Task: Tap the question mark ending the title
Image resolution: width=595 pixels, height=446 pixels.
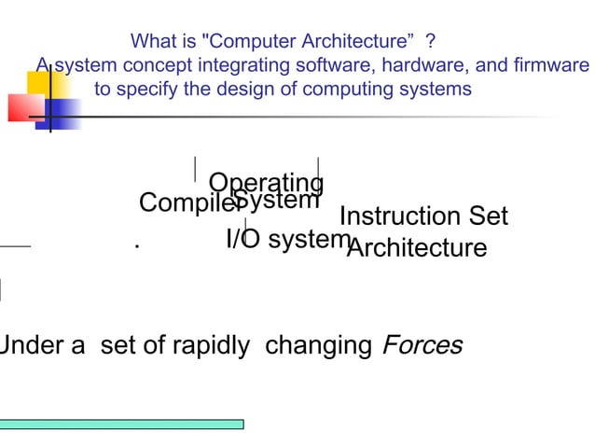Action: (x=429, y=42)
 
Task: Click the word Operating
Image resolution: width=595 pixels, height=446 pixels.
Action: (x=267, y=182)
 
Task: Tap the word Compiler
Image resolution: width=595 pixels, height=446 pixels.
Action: (x=184, y=203)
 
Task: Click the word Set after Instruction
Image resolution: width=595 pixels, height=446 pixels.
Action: (x=488, y=217)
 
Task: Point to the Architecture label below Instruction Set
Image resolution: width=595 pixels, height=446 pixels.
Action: (x=417, y=249)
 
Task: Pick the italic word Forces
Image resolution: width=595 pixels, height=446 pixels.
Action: (x=421, y=346)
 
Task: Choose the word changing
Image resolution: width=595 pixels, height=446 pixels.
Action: (x=318, y=346)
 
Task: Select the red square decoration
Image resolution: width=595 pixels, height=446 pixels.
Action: (x=23, y=107)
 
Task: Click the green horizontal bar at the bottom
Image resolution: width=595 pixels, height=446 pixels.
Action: (x=121, y=424)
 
